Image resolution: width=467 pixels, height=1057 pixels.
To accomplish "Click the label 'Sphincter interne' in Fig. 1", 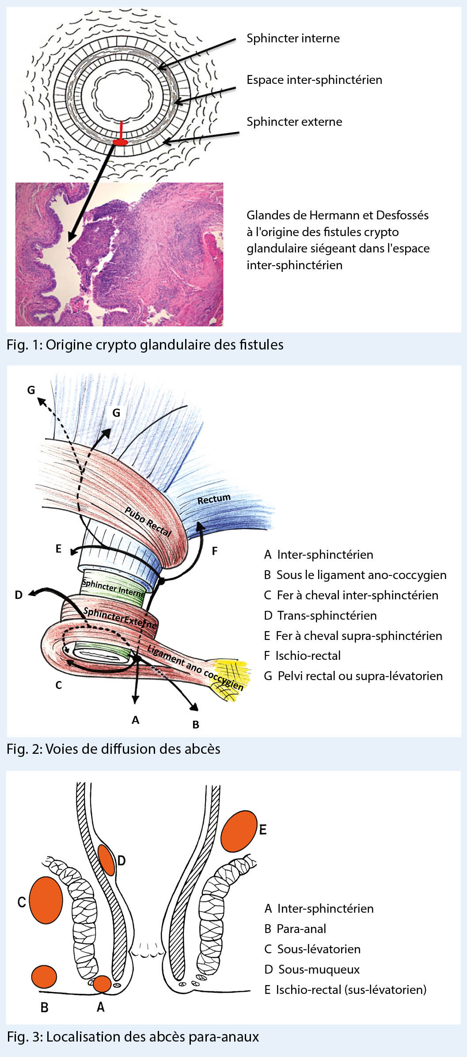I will point(293,38).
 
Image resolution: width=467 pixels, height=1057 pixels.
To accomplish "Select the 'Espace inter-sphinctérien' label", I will point(314,80).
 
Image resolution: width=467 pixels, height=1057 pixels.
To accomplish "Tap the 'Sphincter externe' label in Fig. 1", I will point(294,122).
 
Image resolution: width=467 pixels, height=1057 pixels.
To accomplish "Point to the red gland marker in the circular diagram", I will point(120,141).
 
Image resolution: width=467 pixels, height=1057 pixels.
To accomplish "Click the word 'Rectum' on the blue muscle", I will point(214,499).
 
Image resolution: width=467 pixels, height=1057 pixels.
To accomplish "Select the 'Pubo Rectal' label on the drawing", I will point(148,521).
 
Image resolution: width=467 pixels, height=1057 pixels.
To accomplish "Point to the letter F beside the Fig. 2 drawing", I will point(215,551).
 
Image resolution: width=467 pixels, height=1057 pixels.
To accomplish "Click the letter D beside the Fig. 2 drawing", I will point(19,595).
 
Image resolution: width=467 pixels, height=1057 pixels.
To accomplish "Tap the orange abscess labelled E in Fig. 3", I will point(239,831).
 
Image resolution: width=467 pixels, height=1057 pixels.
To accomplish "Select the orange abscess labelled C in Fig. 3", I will point(46,900).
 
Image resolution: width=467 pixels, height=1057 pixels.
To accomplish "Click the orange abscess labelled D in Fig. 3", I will point(106,860).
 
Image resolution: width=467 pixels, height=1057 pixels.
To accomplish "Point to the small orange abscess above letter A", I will point(102,984).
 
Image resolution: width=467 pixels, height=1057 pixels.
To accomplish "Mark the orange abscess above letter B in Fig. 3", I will point(44,977).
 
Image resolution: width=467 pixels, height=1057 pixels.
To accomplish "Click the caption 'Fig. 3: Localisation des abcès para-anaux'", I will point(133,1037).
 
